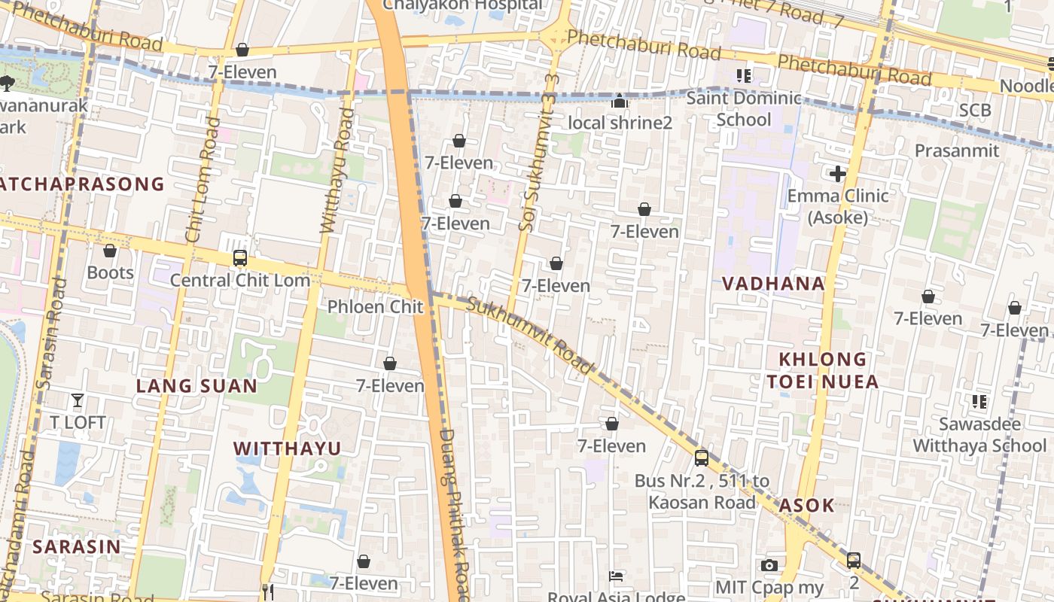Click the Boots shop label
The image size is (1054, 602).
[110, 272]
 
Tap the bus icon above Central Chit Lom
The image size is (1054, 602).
[239, 258]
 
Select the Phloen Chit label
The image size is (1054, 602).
[375, 307]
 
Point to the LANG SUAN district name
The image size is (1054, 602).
[196, 386]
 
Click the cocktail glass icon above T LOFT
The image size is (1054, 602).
[78, 400]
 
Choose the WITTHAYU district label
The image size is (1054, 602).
[287, 448]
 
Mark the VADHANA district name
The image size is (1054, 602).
[773, 284]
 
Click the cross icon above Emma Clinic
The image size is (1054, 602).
[837, 175]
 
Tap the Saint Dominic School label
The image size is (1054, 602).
[744, 108]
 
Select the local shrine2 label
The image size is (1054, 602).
[620, 122]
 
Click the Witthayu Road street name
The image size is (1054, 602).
[337, 171]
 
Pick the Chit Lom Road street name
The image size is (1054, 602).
[203, 179]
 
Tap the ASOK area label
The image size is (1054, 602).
[806, 505]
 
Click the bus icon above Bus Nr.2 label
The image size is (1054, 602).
[702, 458]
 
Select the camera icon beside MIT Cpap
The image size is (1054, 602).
[769, 565]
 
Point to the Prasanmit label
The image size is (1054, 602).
[957, 150]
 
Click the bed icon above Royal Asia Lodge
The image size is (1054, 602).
[616, 576]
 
